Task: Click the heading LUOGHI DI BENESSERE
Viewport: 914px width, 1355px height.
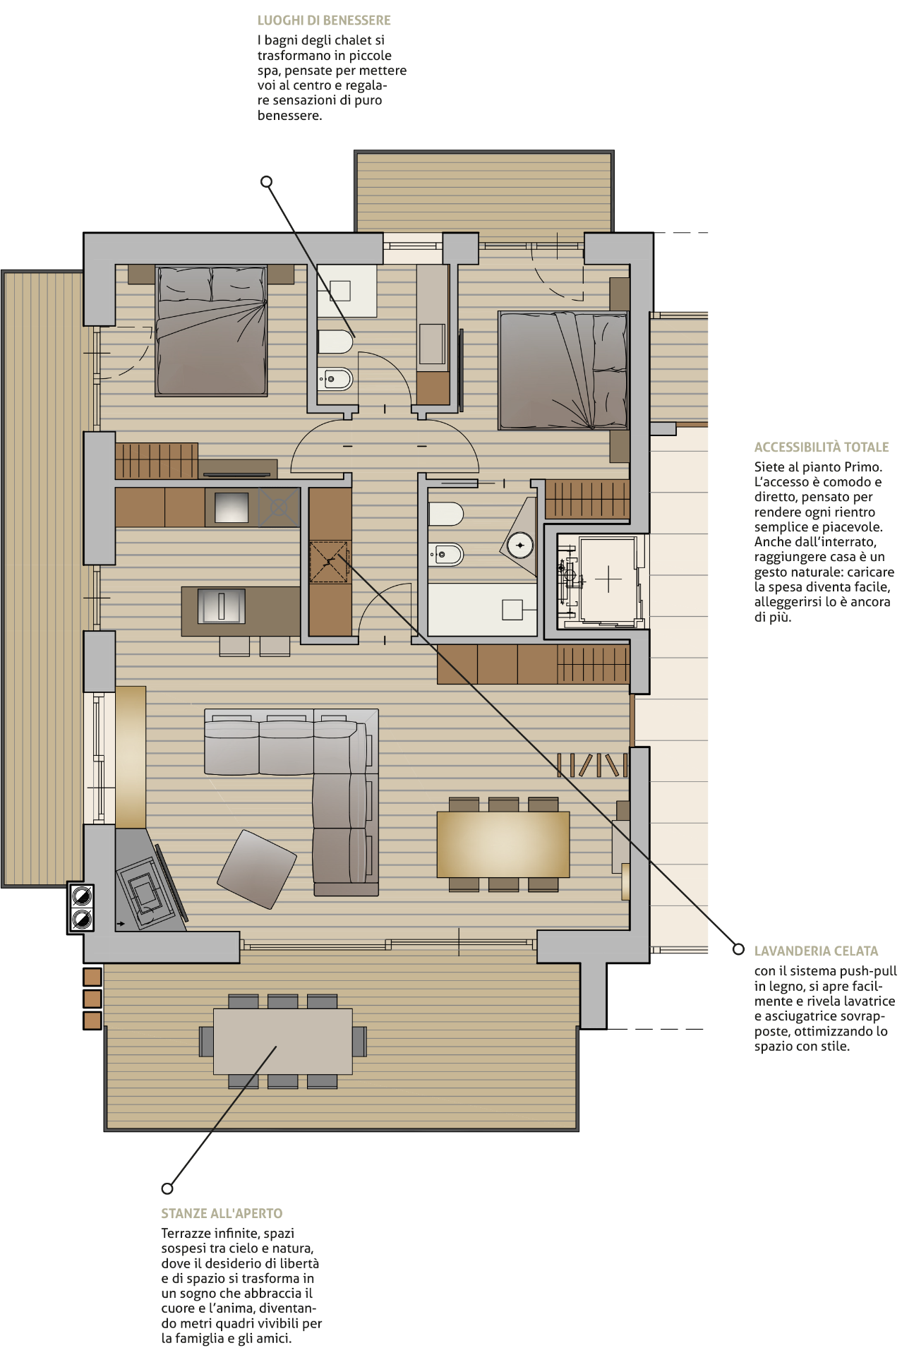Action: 324,20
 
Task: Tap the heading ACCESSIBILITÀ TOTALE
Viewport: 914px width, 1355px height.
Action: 822,447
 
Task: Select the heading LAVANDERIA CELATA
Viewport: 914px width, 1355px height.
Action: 816,951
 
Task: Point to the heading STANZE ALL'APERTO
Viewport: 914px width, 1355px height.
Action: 222,1213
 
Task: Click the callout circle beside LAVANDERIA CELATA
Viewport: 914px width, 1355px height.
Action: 738,949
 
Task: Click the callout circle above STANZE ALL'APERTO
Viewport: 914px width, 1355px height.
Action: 167,1188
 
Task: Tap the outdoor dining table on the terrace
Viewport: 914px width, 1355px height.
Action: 282,1042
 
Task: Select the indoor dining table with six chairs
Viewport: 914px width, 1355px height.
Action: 503,844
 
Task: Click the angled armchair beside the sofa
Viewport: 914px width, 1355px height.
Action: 256,869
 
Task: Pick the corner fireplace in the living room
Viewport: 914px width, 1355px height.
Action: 146,886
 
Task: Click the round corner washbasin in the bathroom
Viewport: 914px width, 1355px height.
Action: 520,545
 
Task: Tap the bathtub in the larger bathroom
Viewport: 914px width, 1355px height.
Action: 483,609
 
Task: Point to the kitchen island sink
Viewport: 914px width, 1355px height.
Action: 221,606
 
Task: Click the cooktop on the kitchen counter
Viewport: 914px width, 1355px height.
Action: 279,507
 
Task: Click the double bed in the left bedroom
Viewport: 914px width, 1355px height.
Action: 211,330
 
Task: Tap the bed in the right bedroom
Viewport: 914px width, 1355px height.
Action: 563,371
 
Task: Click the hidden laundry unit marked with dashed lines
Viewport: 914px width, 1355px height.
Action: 330,562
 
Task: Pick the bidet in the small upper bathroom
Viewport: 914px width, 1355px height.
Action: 335,379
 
